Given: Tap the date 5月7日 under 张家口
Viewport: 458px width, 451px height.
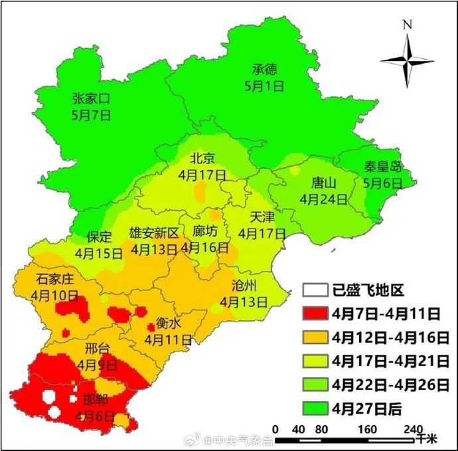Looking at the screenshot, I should coord(91,114).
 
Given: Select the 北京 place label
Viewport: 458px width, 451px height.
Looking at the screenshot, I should coord(202,158).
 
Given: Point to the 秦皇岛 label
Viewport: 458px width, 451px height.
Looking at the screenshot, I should coord(383,167).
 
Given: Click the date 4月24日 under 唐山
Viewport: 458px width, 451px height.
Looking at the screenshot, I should coord(323,198).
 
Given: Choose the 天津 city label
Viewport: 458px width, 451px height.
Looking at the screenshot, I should coord(262,217).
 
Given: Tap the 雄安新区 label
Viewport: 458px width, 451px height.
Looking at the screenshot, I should coord(154,233).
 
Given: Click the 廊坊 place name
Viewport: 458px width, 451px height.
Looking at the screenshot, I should coord(204,232).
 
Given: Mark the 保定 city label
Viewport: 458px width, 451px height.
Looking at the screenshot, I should coord(99,237).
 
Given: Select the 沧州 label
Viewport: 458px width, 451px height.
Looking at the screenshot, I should coord(244,286).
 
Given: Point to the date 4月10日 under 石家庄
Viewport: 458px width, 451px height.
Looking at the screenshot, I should coord(56,294).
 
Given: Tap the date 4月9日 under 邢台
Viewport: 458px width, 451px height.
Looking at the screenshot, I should coord(97,365).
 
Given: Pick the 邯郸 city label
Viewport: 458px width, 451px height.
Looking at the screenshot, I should coord(96,401).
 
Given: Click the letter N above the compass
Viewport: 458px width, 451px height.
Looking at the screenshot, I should coord(407,25).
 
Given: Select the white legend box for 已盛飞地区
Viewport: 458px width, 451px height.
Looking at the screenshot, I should coord(315,290).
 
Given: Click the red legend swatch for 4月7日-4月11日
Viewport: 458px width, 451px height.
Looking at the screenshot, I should coord(315,314).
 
